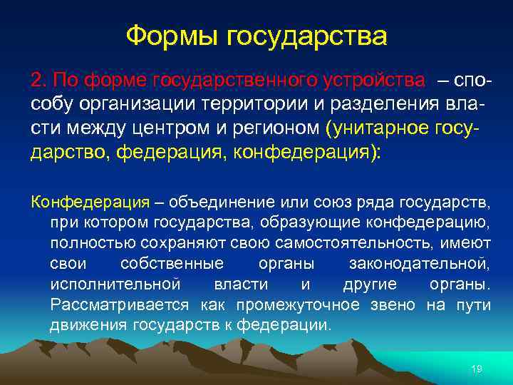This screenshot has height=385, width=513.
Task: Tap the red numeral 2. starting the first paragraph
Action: point(39,78)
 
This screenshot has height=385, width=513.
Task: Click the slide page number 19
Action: point(477,368)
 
